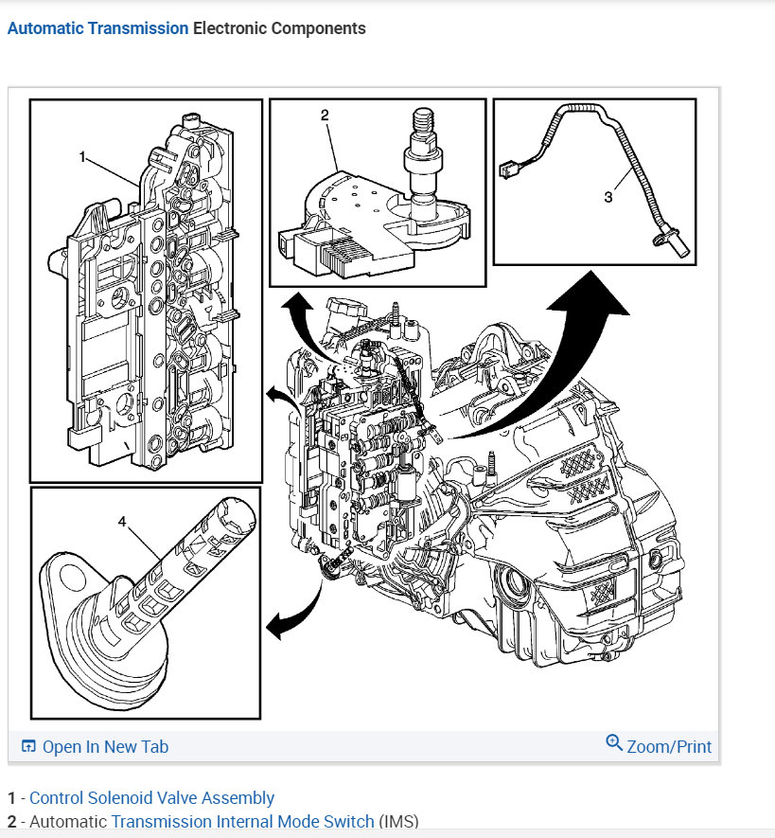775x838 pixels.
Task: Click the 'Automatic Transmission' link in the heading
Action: pos(97,28)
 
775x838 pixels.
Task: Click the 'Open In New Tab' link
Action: pos(105,747)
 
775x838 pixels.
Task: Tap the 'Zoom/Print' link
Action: pos(669,747)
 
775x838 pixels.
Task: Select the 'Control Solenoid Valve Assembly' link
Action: pos(151,798)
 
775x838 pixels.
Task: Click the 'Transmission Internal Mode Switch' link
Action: pos(242,822)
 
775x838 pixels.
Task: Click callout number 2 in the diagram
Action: pos(325,116)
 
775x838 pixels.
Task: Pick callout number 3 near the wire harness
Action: pos(608,196)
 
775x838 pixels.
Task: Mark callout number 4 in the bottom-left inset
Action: pos(122,521)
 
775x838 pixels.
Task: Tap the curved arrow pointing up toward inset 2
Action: pos(299,322)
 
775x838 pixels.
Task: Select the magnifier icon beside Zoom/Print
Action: pos(614,743)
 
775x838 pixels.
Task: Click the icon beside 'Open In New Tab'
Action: pos(28,747)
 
